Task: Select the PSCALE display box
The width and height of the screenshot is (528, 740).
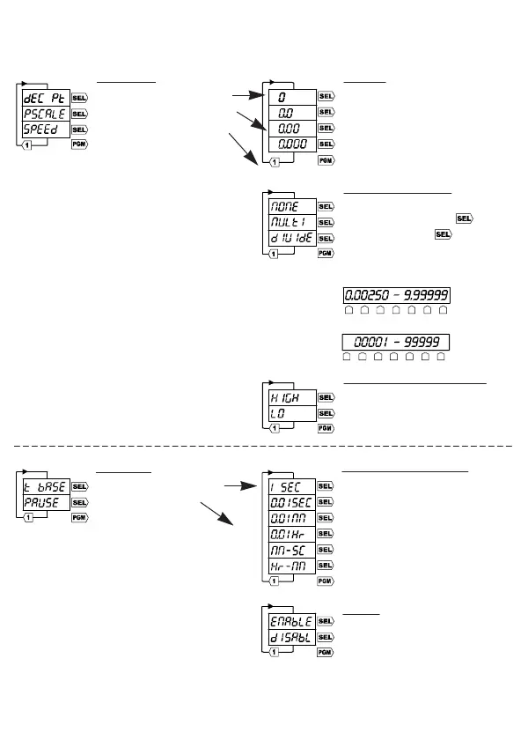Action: [x=45, y=114]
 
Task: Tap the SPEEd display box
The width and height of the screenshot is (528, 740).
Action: [x=45, y=129]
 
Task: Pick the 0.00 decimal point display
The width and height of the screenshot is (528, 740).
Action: [x=292, y=129]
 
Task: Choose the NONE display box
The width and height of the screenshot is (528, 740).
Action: [x=291, y=206]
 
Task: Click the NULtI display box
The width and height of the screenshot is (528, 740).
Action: [x=291, y=222]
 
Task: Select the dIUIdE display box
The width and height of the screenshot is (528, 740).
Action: [x=291, y=238]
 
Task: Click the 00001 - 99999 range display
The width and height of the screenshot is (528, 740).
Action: [x=395, y=342]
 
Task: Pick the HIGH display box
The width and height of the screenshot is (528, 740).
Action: [x=291, y=397]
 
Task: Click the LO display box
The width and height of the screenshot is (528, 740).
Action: [x=291, y=413]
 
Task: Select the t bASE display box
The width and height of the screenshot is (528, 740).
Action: [x=45, y=486]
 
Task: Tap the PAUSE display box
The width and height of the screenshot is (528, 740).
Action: [x=45, y=502]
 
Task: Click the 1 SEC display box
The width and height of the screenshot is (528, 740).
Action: [x=291, y=486]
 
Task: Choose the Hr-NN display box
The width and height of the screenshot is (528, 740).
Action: [x=291, y=566]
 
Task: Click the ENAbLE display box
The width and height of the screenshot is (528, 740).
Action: [x=291, y=621]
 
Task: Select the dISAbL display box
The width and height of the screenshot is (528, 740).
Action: [x=291, y=637]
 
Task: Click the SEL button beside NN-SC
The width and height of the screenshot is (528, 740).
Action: [x=326, y=550]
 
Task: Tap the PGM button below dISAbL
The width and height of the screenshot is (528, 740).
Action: [x=326, y=653]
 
